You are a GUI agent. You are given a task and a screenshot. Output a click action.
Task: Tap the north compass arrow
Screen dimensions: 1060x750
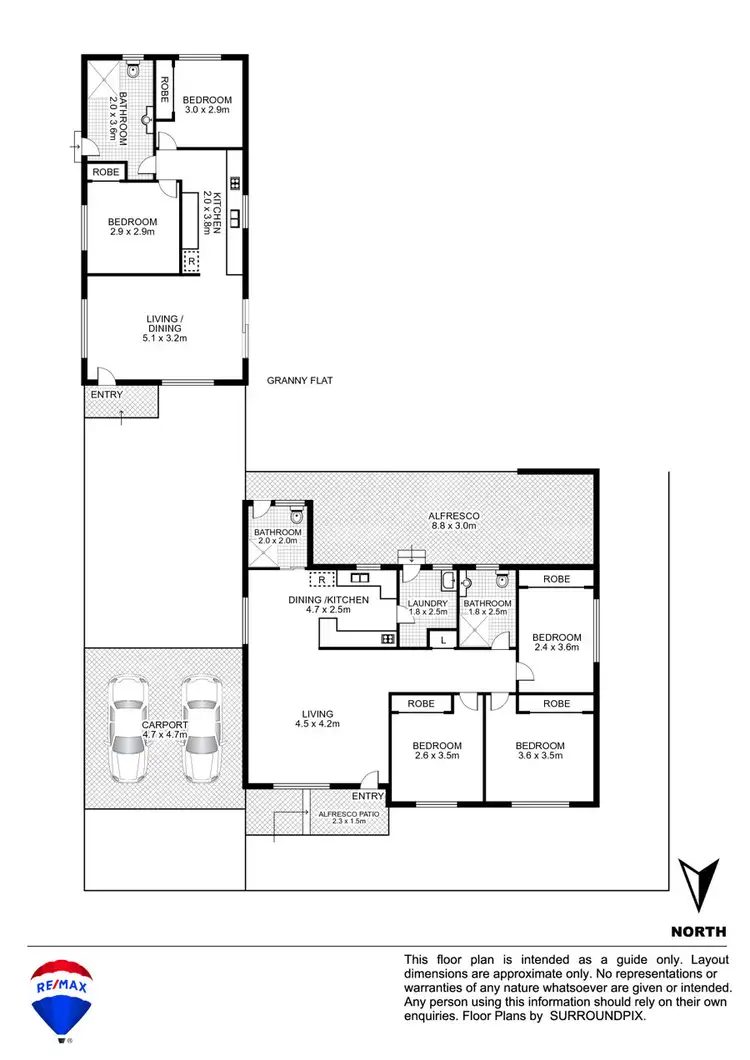[x=698, y=884]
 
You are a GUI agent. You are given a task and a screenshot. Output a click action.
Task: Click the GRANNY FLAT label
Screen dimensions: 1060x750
[x=299, y=381]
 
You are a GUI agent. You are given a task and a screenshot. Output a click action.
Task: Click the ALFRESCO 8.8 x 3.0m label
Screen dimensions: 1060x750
[x=448, y=519]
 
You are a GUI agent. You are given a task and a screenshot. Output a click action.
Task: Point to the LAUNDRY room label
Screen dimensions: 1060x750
[x=427, y=609]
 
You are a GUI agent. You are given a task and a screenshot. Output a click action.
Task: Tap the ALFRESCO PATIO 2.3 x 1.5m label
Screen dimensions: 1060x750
[x=347, y=820]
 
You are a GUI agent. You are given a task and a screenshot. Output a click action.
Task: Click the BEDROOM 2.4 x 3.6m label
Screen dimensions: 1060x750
[x=556, y=643]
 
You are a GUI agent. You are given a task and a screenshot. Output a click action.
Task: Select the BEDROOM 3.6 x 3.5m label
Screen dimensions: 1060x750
[x=540, y=751]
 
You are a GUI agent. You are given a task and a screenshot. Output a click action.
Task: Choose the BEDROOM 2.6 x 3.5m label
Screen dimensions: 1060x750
[x=436, y=751]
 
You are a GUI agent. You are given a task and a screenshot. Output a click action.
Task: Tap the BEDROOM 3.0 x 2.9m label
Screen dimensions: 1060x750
[x=207, y=105]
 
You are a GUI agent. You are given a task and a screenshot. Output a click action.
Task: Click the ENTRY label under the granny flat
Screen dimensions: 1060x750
[x=106, y=395]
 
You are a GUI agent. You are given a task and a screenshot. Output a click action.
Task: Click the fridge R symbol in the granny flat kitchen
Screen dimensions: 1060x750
[x=192, y=262]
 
